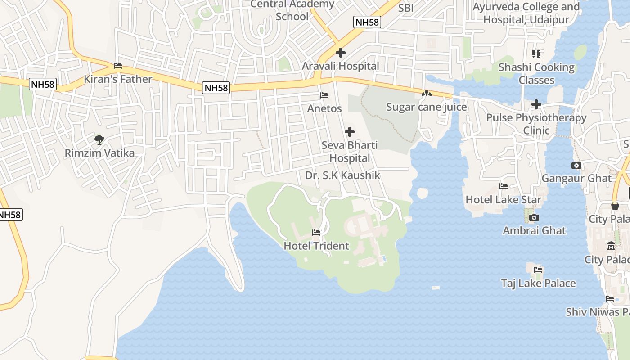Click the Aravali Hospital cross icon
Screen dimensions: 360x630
[x=341, y=53]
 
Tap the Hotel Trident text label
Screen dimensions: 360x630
[x=316, y=246]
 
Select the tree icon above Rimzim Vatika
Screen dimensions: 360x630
[x=99, y=139]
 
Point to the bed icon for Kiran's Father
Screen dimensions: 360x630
[x=118, y=66]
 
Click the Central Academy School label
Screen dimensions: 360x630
[x=292, y=10]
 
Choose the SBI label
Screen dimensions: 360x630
[x=405, y=8]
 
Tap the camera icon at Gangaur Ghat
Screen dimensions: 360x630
[x=576, y=165]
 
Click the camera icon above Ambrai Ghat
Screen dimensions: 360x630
[x=534, y=217]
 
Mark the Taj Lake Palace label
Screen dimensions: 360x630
[x=538, y=283]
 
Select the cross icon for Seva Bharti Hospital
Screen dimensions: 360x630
[x=350, y=132]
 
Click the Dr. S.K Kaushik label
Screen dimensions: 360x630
[x=342, y=175]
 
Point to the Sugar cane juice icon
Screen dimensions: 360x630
[x=426, y=94]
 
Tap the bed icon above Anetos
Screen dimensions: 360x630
[x=324, y=95]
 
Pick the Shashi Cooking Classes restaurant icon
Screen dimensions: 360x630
[x=536, y=54]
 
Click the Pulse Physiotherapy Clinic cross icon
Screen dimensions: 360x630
[x=536, y=104]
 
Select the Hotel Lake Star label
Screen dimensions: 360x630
[x=503, y=199]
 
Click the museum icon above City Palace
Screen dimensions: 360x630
[x=611, y=246]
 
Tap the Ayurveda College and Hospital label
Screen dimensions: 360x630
[x=526, y=13]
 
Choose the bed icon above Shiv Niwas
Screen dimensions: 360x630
[x=610, y=298]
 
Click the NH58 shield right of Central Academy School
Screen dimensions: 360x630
[x=367, y=22]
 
